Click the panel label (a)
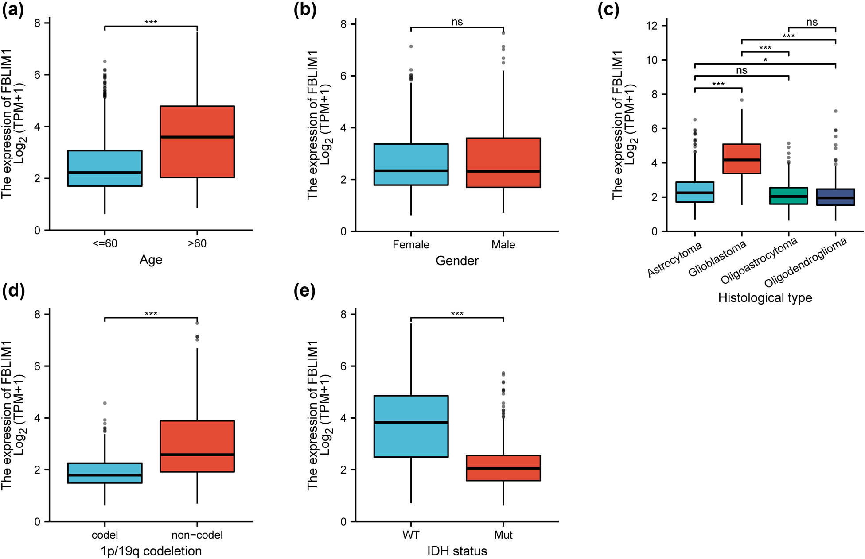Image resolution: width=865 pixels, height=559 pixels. tap(13, 9)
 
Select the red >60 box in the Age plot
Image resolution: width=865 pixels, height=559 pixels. tap(197, 142)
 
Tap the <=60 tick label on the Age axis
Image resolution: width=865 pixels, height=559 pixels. tap(105, 244)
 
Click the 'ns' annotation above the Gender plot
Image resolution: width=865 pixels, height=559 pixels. tap(457, 22)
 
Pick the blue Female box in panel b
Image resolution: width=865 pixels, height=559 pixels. tap(411, 164)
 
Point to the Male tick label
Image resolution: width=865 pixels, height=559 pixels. tap(503, 245)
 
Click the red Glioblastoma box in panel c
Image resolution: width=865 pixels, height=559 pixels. tap(741, 158)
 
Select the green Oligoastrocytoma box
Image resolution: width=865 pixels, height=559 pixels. tap(788, 196)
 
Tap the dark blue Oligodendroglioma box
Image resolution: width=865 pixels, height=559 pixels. tap(835, 197)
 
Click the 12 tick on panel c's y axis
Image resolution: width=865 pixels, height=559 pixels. tap(651, 26)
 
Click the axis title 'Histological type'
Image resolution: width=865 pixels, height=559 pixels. tap(765, 298)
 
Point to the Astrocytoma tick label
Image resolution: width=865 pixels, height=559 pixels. tap(674, 260)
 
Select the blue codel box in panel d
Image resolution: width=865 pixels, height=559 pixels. tap(105, 473)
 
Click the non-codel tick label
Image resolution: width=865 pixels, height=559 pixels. tap(197, 535)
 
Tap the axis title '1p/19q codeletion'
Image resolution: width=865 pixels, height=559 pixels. tap(151, 551)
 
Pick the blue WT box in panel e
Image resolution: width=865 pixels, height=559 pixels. tap(411, 426)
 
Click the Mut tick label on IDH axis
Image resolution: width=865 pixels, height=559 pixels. tap(503, 535)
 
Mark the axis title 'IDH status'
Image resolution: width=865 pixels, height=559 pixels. tap(457, 551)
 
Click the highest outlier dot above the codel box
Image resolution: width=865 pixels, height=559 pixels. tap(105, 403)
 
